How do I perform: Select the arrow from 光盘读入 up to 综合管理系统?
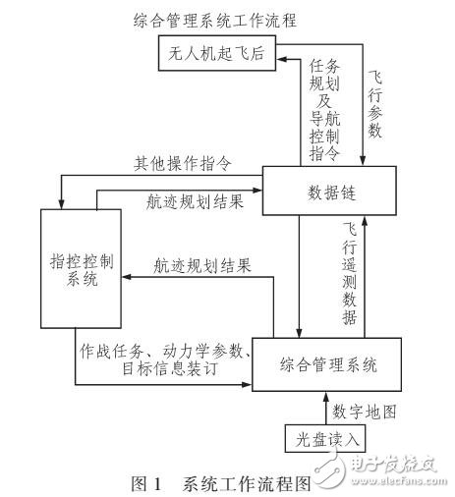pos(325,405)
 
